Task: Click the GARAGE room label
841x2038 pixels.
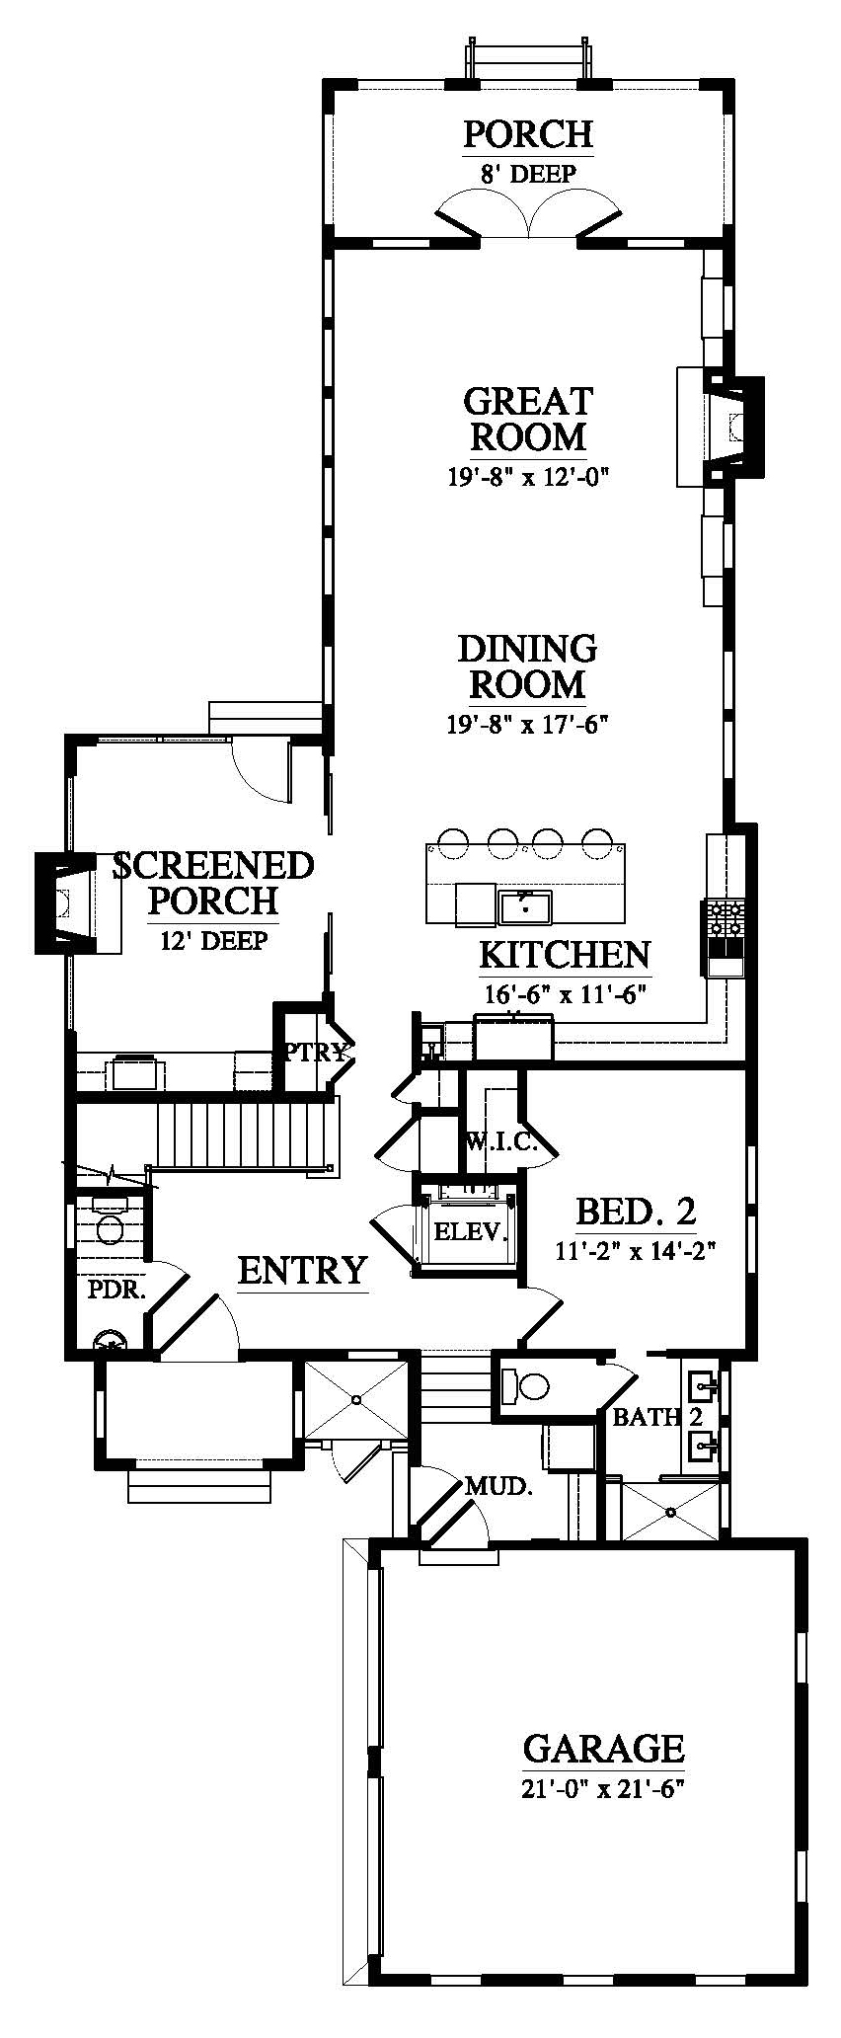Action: click(x=603, y=1749)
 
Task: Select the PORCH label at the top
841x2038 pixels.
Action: click(x=528, y=133)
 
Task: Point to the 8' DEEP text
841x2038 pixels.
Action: click(x=528, y=174)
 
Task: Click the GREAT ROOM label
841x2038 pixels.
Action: click(x=528, y=419)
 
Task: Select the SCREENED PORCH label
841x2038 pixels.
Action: click(x=214, y=884)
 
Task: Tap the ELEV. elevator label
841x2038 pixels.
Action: click(x=470, y=1231)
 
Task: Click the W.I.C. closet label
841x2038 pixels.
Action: click(x=500, y=1143)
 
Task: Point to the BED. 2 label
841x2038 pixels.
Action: click(x=636, y=1211)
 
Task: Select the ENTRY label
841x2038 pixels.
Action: click(x=303, y=1270)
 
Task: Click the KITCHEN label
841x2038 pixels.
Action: click(x=565, y=955)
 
